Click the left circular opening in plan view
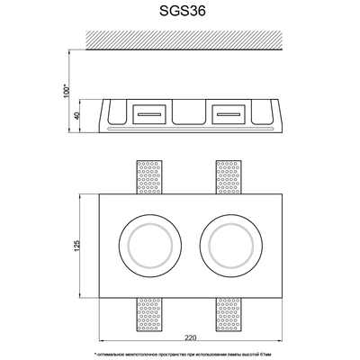pyautogui.click(x=142, y=244)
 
